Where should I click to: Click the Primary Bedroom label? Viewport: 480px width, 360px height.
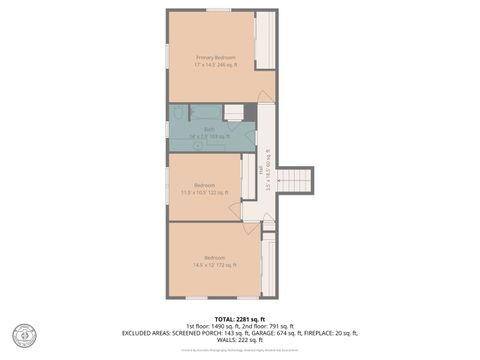coord(216,57)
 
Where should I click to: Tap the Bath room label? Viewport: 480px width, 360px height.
coord(210,130)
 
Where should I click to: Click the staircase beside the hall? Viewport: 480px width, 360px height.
coord(294,180)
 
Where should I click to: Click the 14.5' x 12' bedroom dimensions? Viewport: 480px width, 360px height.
coord(215,265)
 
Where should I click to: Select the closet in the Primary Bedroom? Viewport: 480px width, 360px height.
coord(265,40)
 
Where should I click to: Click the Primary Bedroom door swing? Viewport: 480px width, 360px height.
coord(264,97)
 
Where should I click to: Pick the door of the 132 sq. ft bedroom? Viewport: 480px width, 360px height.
coord(235,210)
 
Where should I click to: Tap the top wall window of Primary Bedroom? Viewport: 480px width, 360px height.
coord(218,10)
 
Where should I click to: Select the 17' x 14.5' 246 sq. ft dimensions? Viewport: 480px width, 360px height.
coord(216,64)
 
